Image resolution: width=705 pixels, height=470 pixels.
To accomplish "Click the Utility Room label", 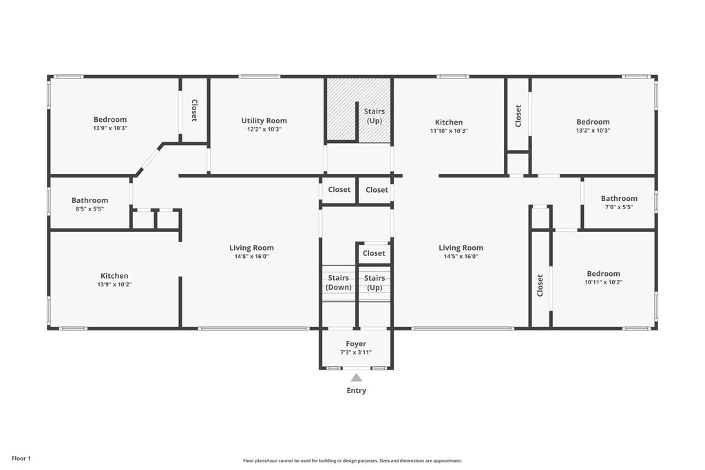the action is click(x=264, y=120).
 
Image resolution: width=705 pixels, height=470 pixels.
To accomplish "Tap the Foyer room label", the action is click(x=356, y=344).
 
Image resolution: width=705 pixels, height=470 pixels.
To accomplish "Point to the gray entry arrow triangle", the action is click(x=356, y=377).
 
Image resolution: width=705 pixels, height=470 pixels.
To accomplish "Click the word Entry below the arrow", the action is click(x=356, y=390).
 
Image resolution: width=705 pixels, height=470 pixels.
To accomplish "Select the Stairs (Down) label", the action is click(x=339, y=283).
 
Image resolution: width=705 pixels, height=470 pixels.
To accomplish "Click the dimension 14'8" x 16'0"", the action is click(x=251, y=257).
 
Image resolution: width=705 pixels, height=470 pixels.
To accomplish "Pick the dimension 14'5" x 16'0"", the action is click(x=461, y=257).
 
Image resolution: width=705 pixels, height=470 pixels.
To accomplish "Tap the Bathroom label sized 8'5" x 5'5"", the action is click(x=90, y=200).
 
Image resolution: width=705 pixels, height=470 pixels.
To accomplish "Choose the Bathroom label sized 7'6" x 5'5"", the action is click(x=619, y=198).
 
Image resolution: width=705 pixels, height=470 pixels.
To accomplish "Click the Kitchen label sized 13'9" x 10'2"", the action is click(x=114, y=276).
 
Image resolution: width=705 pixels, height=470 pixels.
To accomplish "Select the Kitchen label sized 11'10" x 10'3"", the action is click(x=449, y=122).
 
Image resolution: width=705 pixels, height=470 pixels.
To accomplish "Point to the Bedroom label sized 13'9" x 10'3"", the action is click(x=110, y=120).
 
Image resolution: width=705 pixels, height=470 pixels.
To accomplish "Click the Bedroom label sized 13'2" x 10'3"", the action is click(x=593, y=122).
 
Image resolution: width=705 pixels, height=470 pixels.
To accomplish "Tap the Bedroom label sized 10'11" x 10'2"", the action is click(x=603, y=274).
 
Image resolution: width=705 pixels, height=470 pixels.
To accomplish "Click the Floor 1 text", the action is click(x=21, y=458).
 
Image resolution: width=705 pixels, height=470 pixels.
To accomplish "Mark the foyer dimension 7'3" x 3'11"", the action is click(x=356, y=353).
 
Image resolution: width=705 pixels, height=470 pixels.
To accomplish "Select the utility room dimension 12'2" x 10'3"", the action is click(x=264, y=129).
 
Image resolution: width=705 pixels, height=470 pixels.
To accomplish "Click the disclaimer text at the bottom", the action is click(x=352, y=460).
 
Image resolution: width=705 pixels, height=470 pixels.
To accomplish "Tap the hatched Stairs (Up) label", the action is click(x=375, y=116).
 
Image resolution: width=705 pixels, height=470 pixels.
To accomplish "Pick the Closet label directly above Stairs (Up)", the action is click(x=374, y=253).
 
